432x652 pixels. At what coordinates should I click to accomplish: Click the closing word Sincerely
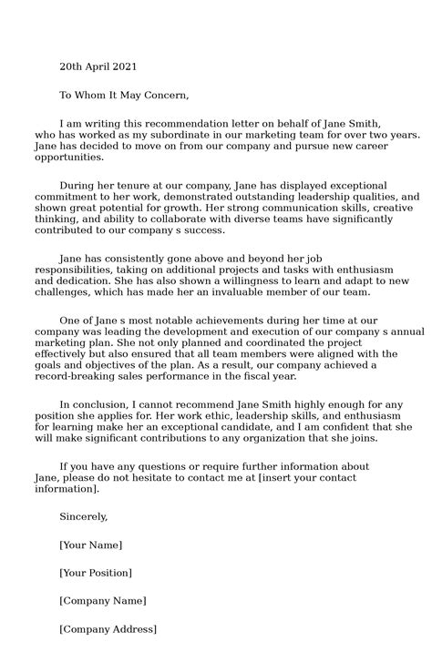(83, 517)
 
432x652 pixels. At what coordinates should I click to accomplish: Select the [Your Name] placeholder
(90, 545)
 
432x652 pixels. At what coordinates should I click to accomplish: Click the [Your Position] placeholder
(96, 573)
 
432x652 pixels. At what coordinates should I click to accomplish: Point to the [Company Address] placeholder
(108, 629)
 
